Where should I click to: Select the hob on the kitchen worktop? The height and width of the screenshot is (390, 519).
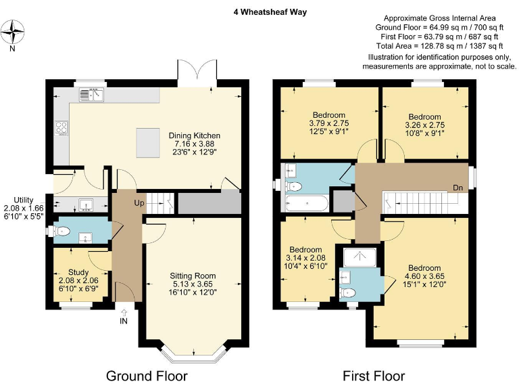coord(61,127)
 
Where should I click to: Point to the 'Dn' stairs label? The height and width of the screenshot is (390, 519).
coord(458,188)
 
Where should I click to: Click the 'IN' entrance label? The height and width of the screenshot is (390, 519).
coord(124,321)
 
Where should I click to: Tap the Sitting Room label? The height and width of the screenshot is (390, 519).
coord(194,276)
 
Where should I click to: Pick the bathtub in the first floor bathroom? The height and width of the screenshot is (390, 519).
coord(307,202)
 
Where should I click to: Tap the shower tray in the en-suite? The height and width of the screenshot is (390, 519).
coord(362,257)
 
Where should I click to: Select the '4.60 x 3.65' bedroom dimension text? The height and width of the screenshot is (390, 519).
coord(424,276)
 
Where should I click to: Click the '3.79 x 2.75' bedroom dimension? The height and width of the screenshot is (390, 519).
coord(328,123)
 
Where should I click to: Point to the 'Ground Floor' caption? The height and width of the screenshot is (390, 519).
coord(147,376)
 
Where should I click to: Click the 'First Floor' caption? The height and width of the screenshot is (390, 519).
coord(374,376)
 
